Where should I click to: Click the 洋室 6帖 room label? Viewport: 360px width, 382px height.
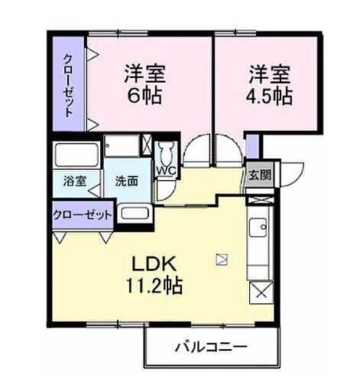pos(145,86)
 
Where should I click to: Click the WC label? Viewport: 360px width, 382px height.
pos(166,170)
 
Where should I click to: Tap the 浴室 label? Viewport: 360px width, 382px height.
pos(74,182)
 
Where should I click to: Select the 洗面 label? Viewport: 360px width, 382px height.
pos(127,182)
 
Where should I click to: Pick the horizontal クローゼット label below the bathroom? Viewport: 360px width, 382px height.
pos(83,215)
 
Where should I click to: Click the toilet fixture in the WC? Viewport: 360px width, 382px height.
pos(166,150)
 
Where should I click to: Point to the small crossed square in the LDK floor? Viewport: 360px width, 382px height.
pos(222,259)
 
